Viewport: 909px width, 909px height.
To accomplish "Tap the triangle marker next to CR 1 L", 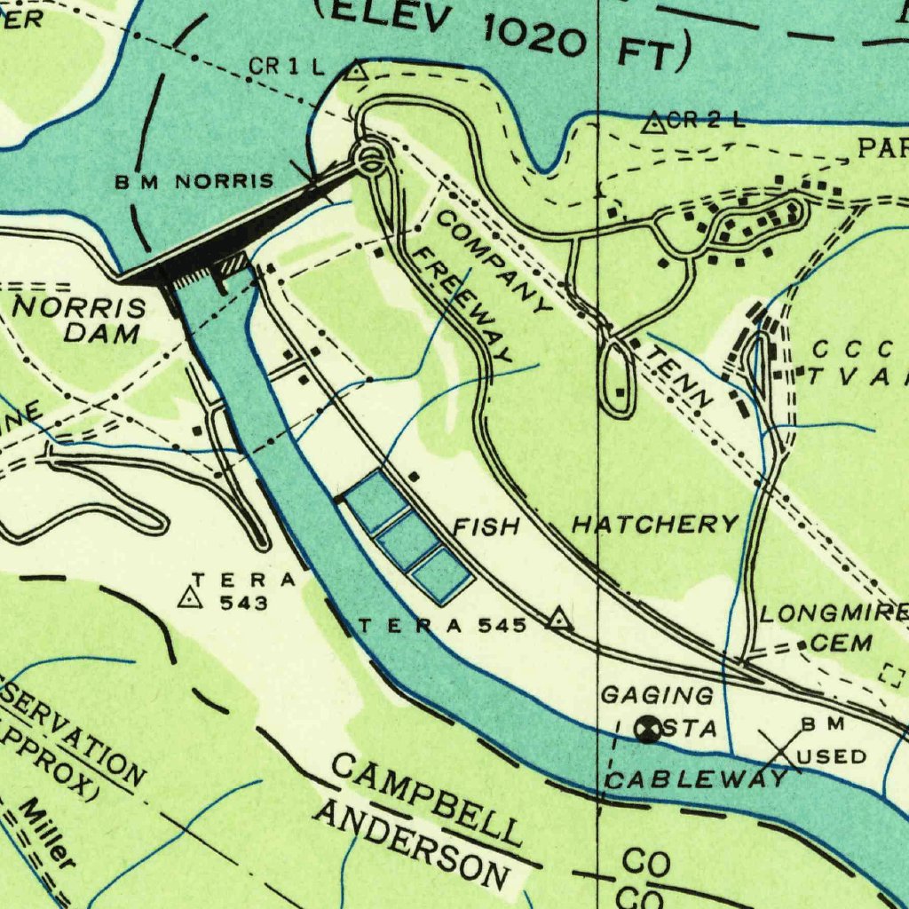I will (356, 71).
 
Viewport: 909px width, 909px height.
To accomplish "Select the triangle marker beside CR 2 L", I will (654, 123).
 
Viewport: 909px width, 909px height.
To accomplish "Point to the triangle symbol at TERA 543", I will (189, 599).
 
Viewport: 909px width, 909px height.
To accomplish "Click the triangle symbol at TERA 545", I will (558, 619).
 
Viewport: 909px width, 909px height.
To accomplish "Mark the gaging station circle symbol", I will (650, 729).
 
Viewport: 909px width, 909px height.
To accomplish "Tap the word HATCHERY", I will (654, 525).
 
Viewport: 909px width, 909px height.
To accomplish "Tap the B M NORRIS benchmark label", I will (194, 182).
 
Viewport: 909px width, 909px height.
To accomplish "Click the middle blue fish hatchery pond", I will (407, 540).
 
